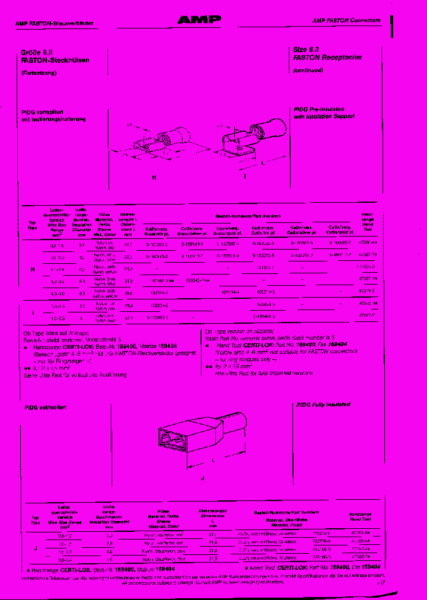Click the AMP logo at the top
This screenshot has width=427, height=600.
click(x=199, y=20)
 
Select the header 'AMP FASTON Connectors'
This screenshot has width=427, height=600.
click(x=346, y=20)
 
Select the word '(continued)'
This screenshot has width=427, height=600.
click(x=308, y=70)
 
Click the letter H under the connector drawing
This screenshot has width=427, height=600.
click(x=154, y=177)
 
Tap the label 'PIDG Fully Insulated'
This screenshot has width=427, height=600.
click(x=323, y=404)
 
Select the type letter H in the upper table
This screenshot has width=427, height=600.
click(x=32, y=269)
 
